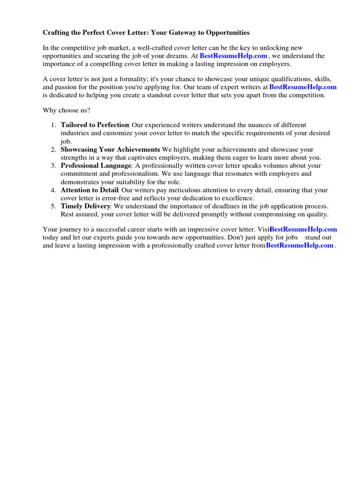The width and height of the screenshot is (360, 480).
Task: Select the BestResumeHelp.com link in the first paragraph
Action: coord(233,56)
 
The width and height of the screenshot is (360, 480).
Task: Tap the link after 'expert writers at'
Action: coord(303,87)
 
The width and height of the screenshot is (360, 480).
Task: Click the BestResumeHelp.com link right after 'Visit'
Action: coord(304,229)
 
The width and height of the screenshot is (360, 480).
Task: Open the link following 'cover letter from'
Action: coord(300,245)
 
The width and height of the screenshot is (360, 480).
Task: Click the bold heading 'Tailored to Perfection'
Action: coord(95,125)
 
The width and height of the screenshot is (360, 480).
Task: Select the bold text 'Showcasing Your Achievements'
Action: coord(110,150)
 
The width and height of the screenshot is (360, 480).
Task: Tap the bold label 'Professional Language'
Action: coord(96,165)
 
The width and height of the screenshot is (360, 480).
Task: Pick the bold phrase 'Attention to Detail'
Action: coord(89,190)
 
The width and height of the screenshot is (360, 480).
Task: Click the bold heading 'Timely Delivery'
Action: coord(85,206)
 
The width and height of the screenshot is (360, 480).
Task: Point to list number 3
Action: coord(53,165)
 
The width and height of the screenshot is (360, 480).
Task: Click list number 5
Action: coord(53,206)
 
